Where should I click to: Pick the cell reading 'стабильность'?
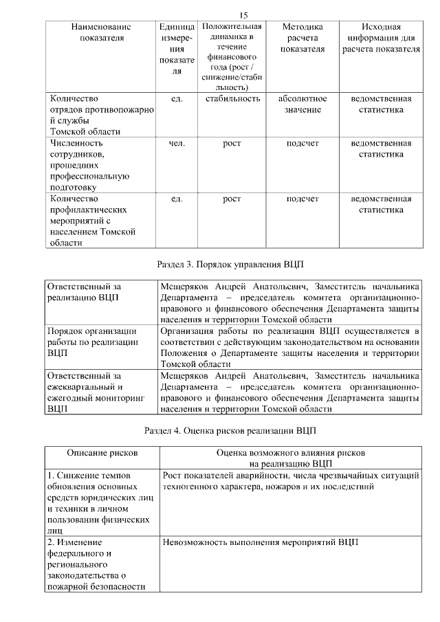[x=232, y=98]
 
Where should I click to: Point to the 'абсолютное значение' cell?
[x=302, y=104]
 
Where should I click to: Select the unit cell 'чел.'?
[x=177, y=143]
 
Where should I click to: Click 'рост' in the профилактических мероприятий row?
[x=232, y=199]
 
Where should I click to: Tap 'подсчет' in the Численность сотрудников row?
[x=302, y=143]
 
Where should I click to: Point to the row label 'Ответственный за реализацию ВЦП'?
[x=87, y=292]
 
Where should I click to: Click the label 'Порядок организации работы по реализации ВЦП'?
[x=87, y=342]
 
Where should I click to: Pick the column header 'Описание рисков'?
[x=102, y=453]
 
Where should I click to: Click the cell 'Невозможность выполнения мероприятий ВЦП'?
[x=261, y=542]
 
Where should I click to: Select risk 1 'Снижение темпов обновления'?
[x=99, y=502]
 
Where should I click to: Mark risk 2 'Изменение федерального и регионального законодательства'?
[x=96, y=564]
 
